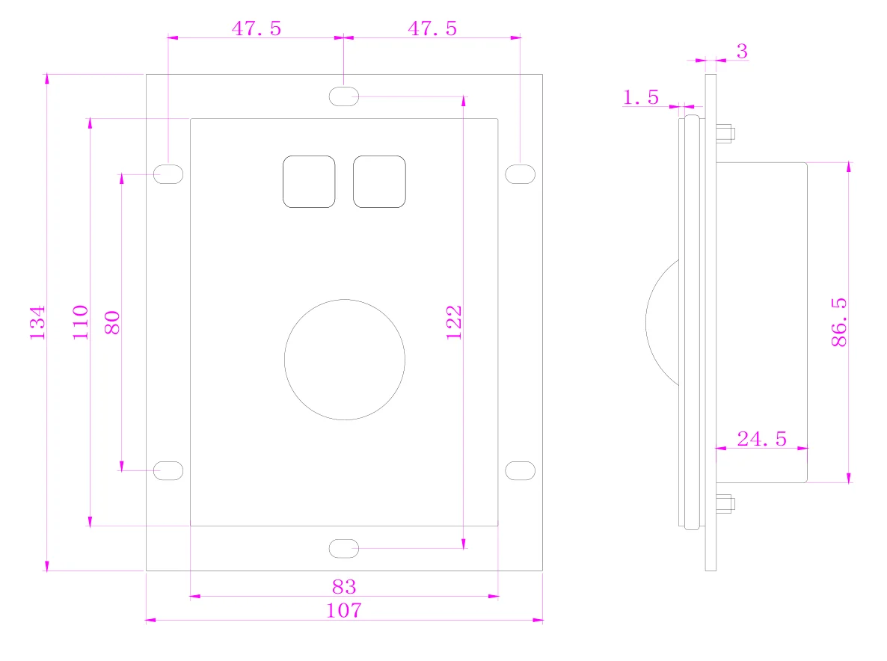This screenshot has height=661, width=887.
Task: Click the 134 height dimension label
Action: (38, 322)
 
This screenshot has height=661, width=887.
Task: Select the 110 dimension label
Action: (81, 322)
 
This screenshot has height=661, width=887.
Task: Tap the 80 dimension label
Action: (112, 322)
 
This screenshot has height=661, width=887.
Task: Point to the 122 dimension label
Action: (454, 322)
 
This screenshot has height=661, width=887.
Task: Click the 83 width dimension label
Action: (343, 586)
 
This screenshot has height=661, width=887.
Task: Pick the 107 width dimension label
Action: (343, 610)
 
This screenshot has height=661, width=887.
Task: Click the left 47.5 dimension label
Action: (256, 28)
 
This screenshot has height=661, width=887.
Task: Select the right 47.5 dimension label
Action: (432, 28)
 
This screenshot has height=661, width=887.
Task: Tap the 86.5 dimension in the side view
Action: (838, 322)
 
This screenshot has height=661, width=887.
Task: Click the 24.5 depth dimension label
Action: (761, 439)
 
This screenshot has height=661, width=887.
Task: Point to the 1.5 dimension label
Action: (641, 96)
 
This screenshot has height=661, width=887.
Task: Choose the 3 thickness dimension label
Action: (742, 52)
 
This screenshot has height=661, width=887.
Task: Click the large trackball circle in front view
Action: (345, 359)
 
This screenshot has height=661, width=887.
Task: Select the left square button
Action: (308, 182)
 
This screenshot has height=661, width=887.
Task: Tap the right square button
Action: (379, 182)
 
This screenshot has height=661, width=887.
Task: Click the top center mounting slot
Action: (344, 96)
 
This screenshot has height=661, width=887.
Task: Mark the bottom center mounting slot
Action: (344, 548)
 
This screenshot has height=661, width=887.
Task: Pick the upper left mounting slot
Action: (168, 174)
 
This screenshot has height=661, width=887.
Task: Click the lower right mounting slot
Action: (520, 470)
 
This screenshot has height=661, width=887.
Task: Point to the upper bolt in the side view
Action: (724, 135)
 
